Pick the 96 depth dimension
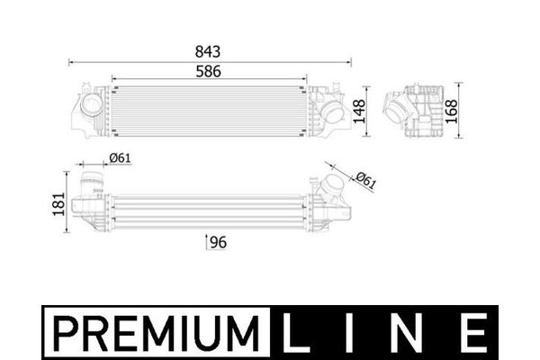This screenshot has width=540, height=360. click(x=218, y=242)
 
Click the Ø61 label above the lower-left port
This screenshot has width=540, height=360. click(x=120, y=159)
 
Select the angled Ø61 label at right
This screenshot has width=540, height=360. click(x=364, y=180)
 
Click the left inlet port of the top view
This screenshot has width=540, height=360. click(x=91, y=106)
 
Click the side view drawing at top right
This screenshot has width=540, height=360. click(x=417, y=111)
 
